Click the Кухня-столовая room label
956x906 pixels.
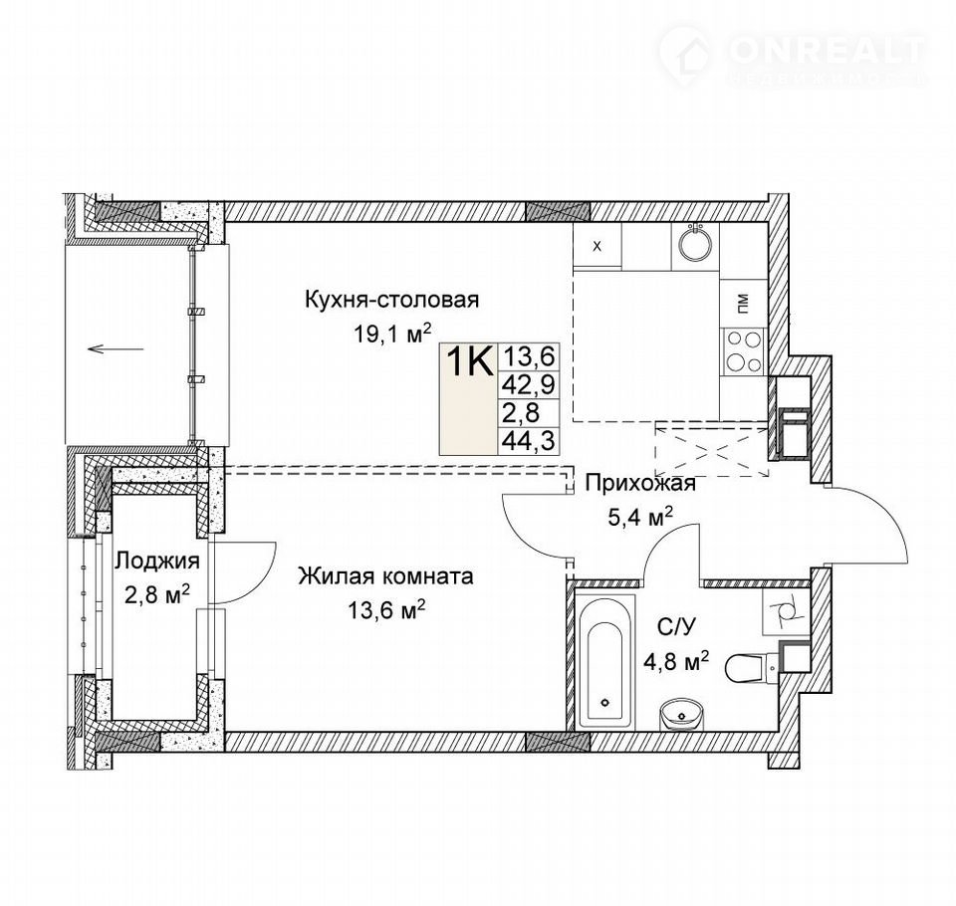click(x=391, y=300)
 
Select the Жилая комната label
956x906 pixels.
click(x=385, y=575)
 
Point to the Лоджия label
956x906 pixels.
click(x=157, y=561)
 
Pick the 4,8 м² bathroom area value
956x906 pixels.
click(x=676, y=660)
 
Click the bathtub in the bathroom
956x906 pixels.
click(x=605, y=663)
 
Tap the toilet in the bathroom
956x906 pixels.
click(x=751, y=668)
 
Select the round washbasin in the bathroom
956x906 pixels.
click(x=681, y=714)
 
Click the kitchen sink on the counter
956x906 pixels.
click(x=695, y=246)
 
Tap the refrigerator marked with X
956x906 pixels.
click(x=597, y=246)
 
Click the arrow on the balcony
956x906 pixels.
click(x=116, y=349)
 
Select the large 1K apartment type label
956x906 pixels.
click(x=469, y=361)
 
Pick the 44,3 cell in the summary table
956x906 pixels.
click(x=528, y=440)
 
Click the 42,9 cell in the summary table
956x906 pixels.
click(x=528, y=384)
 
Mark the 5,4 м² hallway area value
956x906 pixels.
click(x=640, y=517)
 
